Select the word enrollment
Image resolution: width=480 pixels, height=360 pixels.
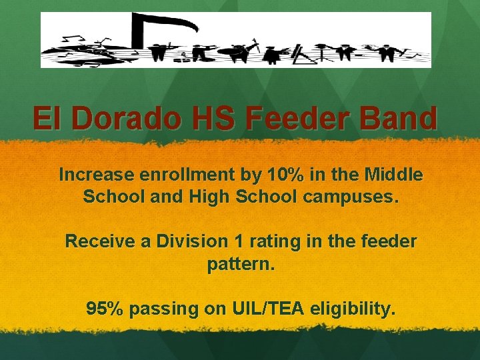click(183, 175)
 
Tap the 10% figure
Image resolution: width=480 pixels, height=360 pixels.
click(285, 175)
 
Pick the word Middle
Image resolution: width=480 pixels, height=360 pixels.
click(393, 175)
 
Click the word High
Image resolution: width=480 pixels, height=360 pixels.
click(208, 197)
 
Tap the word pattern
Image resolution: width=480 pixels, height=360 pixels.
click(240, 265)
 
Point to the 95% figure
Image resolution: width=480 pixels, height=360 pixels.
click(105, 309)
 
